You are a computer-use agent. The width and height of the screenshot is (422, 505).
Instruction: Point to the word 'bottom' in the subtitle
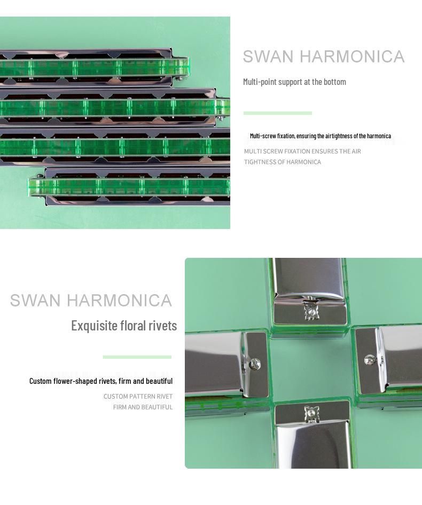coord(335,82)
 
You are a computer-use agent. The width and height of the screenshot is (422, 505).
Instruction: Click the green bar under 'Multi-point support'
coord(277,113)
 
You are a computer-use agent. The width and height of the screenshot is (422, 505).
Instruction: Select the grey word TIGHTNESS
coord(262,162)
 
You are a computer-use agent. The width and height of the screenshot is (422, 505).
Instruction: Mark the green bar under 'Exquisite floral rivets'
coord(137,357)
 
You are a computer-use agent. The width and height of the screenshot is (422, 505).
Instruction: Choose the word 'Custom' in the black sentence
coord(40,381)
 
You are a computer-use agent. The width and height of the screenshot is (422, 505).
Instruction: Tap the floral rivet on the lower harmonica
coord(311,413)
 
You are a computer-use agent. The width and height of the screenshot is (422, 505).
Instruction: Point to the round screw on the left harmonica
coord(255,364)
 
